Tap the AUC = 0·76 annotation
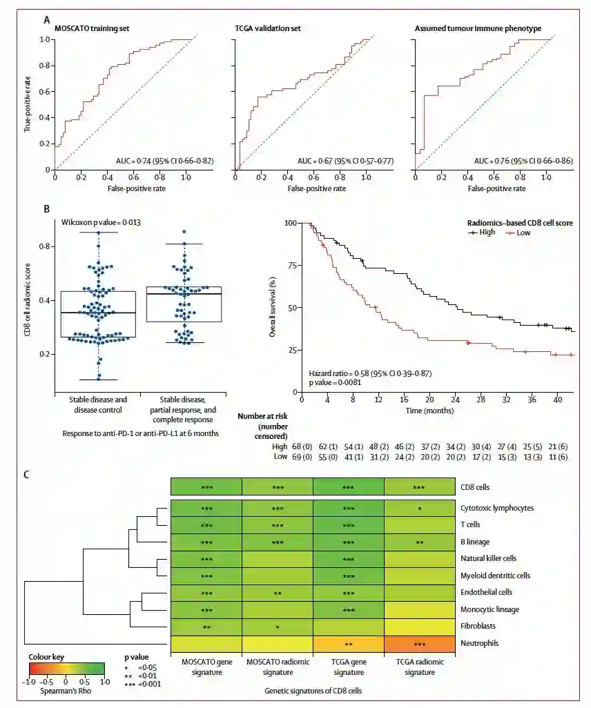point(523,161)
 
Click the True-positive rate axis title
point(28,104)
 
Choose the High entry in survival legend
point(483,233)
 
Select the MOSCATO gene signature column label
point(206,667)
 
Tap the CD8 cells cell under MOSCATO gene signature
point(206,487)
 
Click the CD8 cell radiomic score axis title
point(28,301)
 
